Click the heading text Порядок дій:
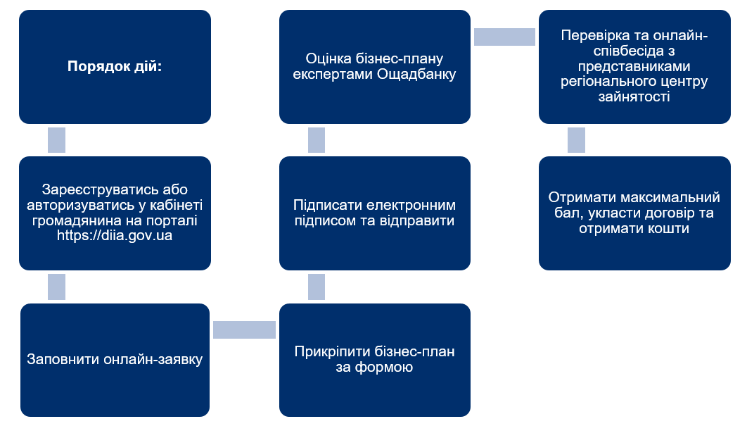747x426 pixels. (x=115, y=65)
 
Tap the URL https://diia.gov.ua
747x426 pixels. (x=115, y=236)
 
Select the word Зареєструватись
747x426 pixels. (x=94, y=190)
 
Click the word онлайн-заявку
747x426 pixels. (x=153, y=359)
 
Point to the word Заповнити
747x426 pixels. (x=63, y=359)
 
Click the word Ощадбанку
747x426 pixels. (x=416, y=75)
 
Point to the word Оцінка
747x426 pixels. (x=326, y=58)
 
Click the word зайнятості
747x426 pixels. (x=634, y=97)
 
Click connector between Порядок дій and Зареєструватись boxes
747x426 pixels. (x=57, y=140)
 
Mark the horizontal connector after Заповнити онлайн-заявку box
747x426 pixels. (x=244, y=330)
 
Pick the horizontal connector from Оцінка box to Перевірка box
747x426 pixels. (x=504, y=37)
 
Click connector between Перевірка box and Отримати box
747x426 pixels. (x=577, y=140)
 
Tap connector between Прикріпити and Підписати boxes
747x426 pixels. (x=317, y=287)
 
